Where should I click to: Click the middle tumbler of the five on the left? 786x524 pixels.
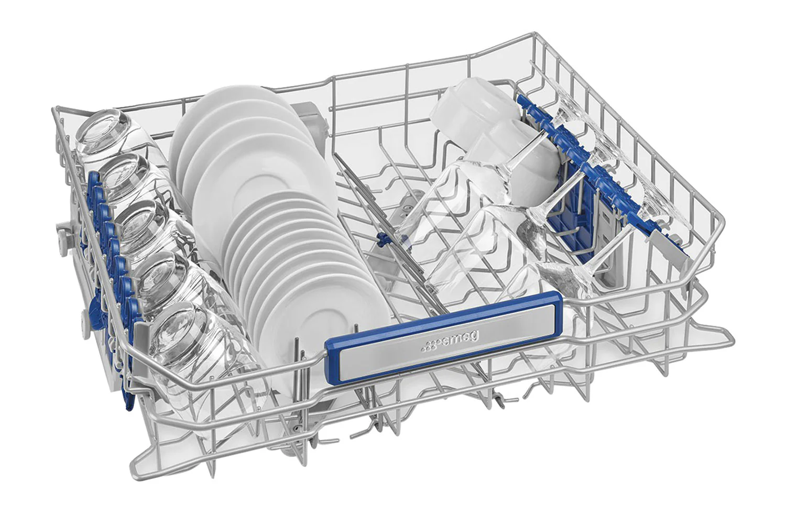click(147, 232)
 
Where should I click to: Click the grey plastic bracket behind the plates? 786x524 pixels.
click(311, 117)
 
